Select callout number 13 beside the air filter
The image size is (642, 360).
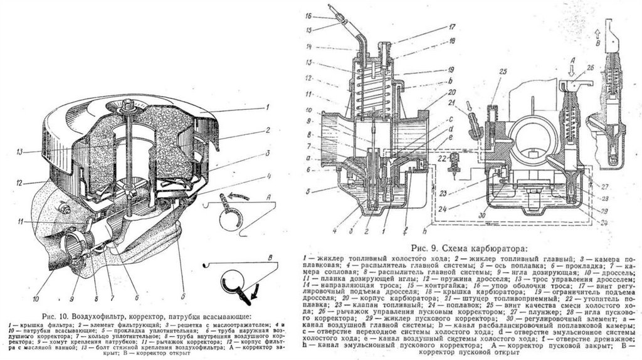point(20,151)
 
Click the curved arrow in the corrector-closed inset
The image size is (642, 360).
point(238,198)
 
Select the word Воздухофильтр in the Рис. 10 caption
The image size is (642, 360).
point(101,314)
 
